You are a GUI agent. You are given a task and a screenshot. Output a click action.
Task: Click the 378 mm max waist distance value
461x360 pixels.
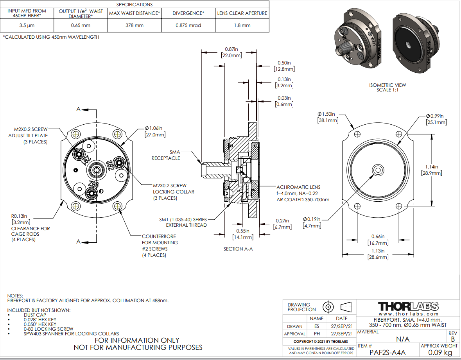click(x=135, y=25)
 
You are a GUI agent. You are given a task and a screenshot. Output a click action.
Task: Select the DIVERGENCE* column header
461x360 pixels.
click(x=188, y=13)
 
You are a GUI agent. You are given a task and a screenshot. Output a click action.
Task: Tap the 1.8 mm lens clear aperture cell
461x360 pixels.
click(x=242, y=25)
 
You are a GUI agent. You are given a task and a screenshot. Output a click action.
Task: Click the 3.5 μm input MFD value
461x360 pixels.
click(x=27, y=25)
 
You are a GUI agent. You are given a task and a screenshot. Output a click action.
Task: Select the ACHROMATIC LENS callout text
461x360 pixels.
click(x=298, y=193)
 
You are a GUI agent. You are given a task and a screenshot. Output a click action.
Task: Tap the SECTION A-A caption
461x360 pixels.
click(x=238, y=249)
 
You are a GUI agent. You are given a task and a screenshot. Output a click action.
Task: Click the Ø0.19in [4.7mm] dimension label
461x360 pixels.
click(x=311, y=222)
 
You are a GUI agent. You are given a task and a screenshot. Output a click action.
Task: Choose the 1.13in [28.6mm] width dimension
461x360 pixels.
click(x=377, y=254)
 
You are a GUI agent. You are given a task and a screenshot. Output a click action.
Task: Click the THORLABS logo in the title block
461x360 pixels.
click(x=408, y=306)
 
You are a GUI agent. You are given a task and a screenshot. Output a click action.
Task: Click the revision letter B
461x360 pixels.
click(x=453, y=339)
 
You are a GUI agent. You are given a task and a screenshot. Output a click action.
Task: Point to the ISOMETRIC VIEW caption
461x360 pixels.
click(x=387, y=88)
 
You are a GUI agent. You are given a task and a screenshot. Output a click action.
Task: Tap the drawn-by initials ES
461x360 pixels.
click(x=316, y=326)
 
